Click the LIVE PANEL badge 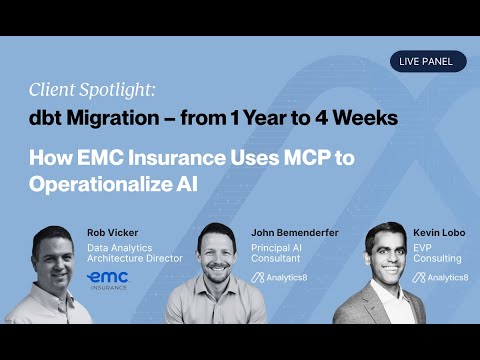pyautogui.click(x=428, y=61)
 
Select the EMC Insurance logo pyautogui.click(x=107, y=277)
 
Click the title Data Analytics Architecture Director pyautogui.click(x=135, y=251)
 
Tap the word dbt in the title pyautogui.click(x=43, y=118)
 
